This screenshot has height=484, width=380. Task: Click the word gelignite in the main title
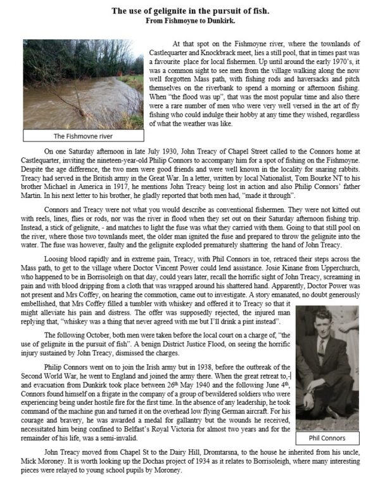(174, 10)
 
